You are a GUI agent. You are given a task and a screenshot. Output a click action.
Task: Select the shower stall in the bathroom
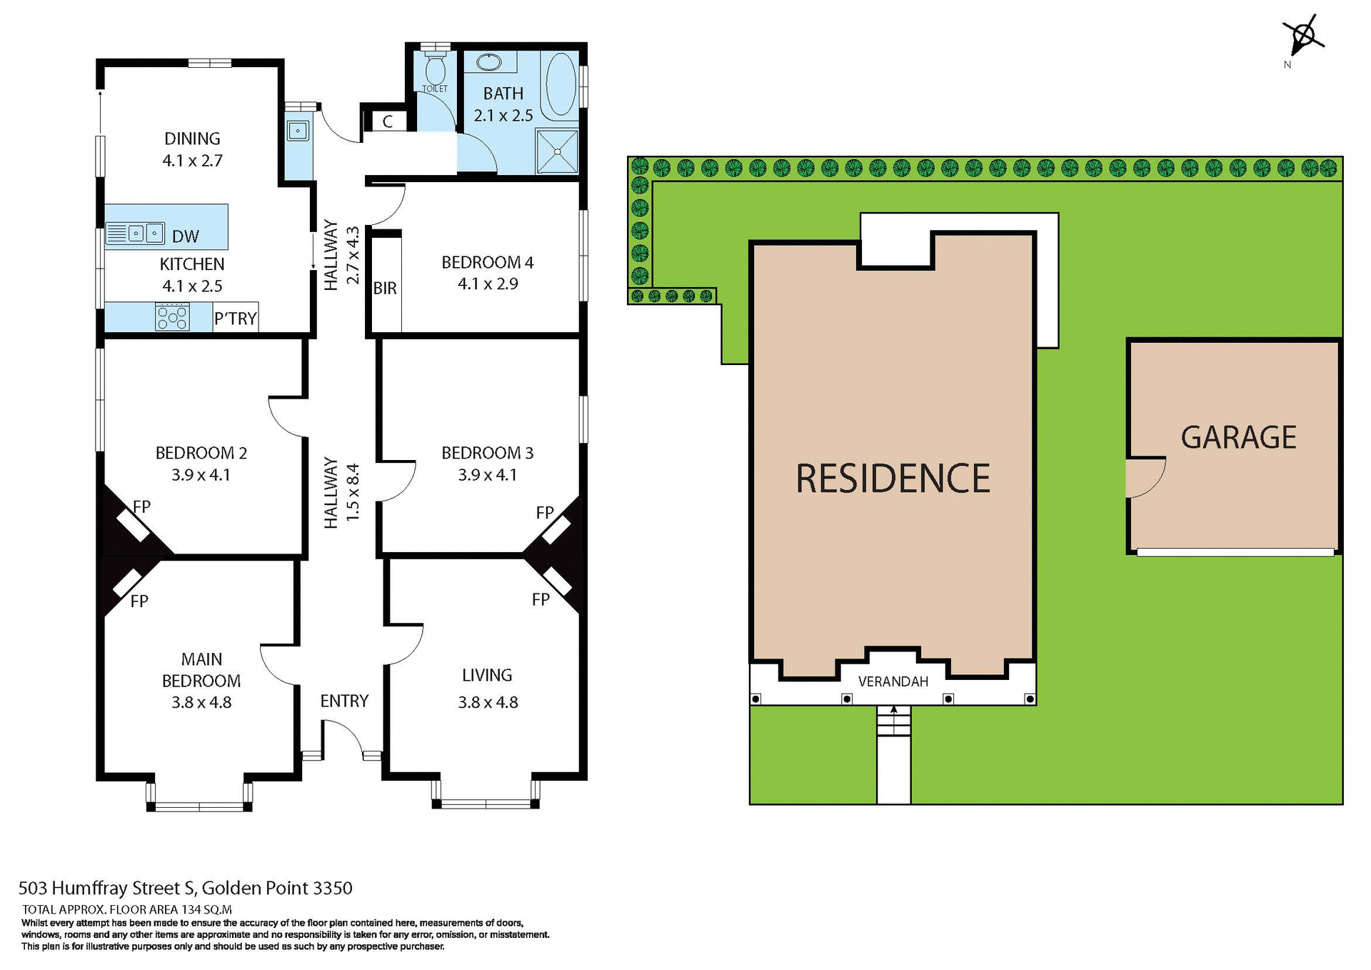557,151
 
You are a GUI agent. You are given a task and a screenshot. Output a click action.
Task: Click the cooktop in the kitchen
172,316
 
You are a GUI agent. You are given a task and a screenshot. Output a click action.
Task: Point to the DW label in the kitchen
186,236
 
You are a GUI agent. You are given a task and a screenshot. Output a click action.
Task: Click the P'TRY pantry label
236,319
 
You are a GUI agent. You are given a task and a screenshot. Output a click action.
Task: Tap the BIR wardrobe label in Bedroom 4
385,289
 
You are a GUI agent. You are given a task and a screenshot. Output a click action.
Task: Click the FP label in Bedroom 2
142,507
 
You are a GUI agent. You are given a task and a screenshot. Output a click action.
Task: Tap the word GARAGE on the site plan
1238,438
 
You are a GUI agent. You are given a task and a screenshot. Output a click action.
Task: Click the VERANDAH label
893,681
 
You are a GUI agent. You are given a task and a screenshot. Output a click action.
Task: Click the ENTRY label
344,701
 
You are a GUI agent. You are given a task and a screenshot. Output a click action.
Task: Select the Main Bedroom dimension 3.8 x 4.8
201,703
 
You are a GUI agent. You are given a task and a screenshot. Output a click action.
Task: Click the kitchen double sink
136,233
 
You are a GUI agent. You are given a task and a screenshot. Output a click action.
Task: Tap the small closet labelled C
388,121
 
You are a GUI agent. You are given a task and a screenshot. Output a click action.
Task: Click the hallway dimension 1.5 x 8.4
352,493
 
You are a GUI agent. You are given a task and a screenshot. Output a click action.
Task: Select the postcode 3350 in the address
333,888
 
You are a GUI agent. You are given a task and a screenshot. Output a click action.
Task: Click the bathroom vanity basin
489,62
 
